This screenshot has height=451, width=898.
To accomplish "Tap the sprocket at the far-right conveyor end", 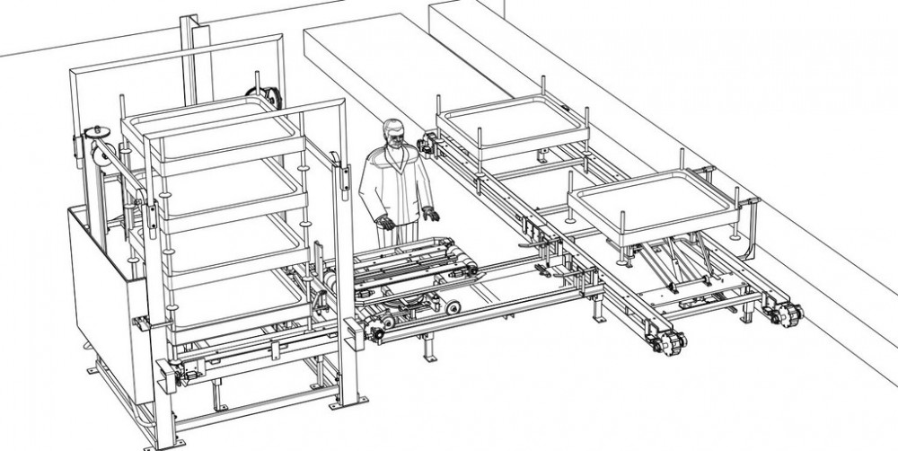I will (790, 315).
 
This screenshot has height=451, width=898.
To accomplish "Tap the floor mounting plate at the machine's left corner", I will (95, 367).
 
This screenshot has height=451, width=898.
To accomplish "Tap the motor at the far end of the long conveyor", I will (426, 144).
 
